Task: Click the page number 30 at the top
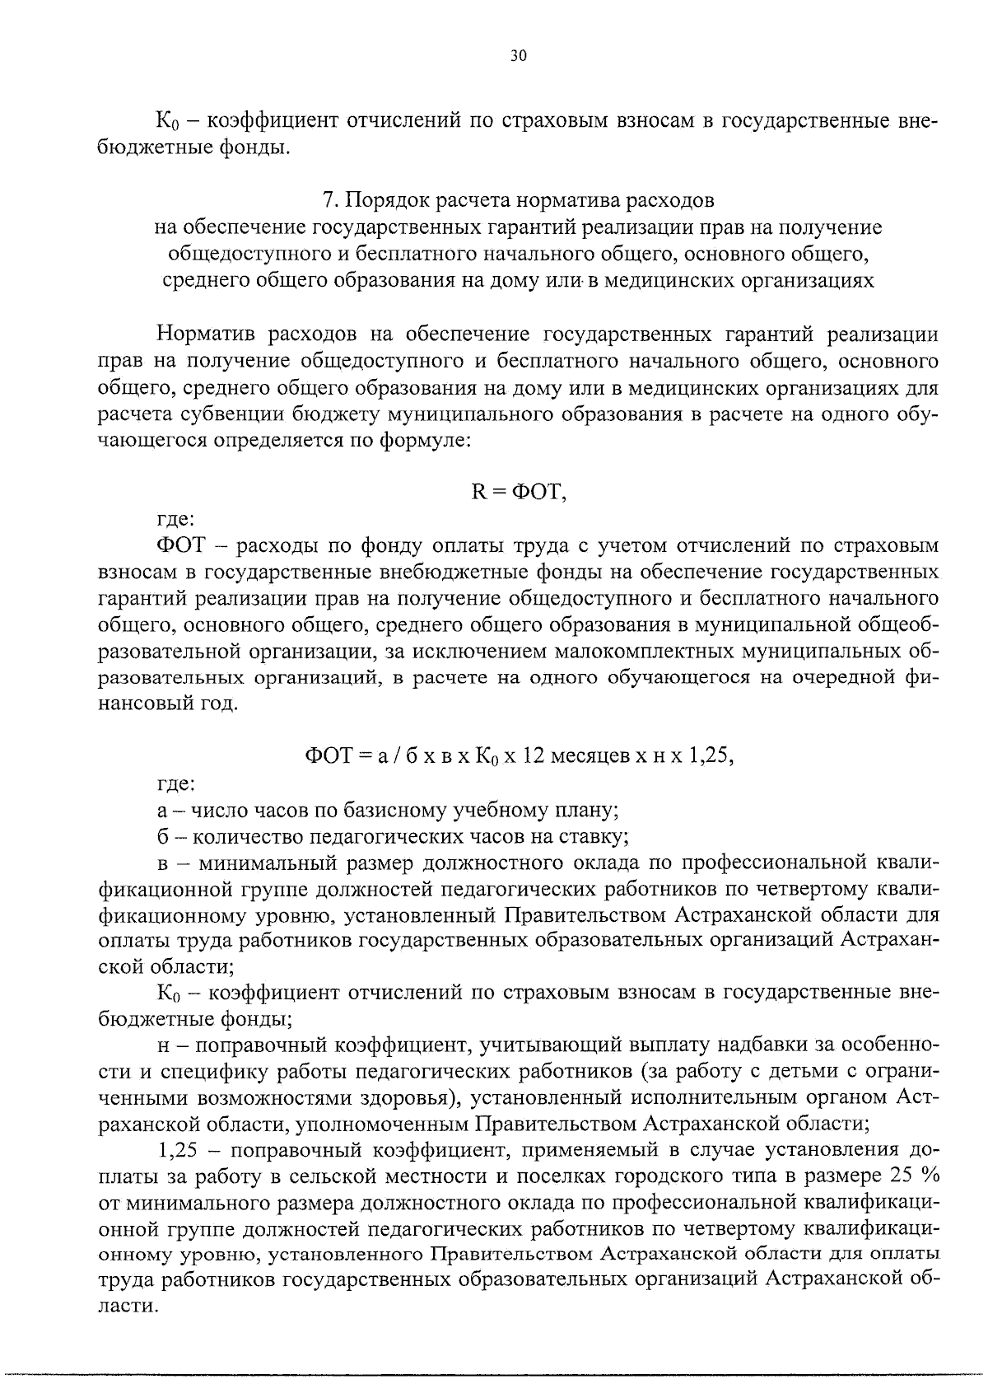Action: click(x=517, y=56)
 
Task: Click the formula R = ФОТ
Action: click(x=516, y=492)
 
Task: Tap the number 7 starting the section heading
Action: click(x=328, y=200)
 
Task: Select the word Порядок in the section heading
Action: click(x=386, y=200)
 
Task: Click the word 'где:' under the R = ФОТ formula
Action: click(x=175, y=519)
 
